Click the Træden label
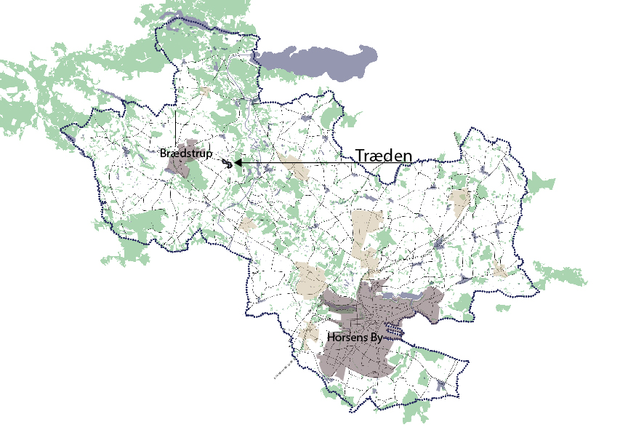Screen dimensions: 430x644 click(384, 156)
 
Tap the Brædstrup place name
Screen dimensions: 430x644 click(185, 154)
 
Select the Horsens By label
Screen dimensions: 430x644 click(355, 338)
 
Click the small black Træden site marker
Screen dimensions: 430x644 click(228, 164)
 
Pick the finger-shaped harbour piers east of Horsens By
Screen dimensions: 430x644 click(394, 332)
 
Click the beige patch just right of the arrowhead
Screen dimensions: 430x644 click(295, 167)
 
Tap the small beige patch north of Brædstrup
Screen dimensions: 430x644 click(206, 92)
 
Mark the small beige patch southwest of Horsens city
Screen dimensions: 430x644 click(307, 333)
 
